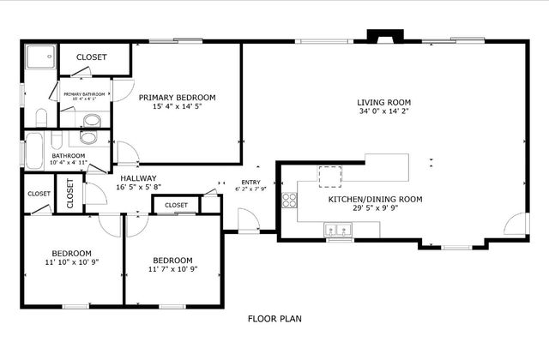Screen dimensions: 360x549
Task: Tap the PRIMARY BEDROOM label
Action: click(x=177, y=97)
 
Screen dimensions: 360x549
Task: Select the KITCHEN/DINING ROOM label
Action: click(x=375, y=199)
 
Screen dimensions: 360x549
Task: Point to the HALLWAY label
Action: click(x=138, y=177)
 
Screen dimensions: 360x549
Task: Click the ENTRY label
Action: click(x=250, y=182)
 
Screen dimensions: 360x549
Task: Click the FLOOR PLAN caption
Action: click(x=274, y=319)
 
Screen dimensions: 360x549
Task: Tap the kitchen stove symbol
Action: click(x=290, y=201)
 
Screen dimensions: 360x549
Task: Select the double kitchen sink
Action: click(x=340, y=229)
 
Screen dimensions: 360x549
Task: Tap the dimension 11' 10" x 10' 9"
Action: click(x=72, y=263)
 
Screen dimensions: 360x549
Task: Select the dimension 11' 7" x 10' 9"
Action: click(x=172, y=269)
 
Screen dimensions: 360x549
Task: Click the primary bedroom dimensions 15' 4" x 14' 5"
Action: click(x=177, y=106)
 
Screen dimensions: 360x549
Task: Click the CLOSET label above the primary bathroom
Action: click(x=92, y=57)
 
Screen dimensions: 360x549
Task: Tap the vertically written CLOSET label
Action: click(x=70, y=193)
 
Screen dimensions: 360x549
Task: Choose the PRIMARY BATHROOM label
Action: click(x=84, y=93)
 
